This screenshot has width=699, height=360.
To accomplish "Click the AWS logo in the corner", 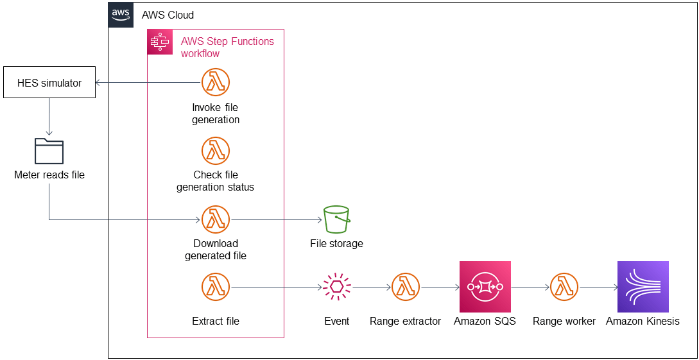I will click(121, 15).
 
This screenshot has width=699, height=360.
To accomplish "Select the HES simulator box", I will click(49, 83).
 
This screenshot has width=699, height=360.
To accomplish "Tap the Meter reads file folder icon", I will click(49, 151).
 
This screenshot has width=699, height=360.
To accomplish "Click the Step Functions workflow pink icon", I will click(160, 42).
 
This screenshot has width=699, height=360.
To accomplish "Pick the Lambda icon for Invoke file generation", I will click(216, 82).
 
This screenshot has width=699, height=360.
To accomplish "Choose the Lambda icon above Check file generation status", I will click(216, 151).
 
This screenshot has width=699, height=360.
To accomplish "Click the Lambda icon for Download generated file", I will click(216, 219).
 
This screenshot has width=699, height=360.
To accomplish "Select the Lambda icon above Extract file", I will click(216, 287).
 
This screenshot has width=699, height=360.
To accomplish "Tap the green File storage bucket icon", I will click(336, 219).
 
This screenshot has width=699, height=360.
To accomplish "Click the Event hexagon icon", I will click(336, 287).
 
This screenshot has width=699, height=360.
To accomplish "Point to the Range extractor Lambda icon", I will click(405, 287).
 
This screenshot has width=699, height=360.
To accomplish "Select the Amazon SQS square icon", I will click(485, 287).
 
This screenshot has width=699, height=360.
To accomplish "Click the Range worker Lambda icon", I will click(564, 287).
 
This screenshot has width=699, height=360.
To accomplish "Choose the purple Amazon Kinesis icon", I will click(643, 287).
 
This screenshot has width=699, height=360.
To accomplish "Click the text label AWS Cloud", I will click(168, 15).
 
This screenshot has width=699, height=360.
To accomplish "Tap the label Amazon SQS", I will click(485, 321).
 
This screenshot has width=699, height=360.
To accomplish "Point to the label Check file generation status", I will click(216, 181).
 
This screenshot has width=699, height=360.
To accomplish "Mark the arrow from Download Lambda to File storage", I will click(276, 219).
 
